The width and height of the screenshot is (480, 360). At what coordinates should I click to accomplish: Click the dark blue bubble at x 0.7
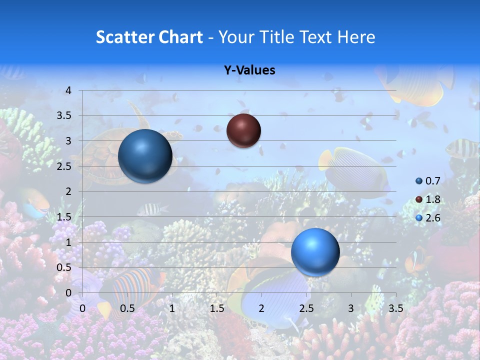click(x=145, y=155)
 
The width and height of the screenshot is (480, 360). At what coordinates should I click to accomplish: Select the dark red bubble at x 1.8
click(x=243, y=130)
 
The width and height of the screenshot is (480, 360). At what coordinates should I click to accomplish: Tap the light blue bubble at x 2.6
click(x=315, y=251)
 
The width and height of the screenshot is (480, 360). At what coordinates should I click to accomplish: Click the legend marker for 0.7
click(x=419, y=181)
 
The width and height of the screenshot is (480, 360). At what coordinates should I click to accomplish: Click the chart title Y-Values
click(x=249, y=70)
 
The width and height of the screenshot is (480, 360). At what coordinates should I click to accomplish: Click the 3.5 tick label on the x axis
click(x=395, y=308)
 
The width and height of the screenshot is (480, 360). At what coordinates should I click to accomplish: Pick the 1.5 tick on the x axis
click(x=216, y=308)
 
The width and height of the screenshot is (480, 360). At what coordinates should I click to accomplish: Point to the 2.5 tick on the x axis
click(x=306, y=308)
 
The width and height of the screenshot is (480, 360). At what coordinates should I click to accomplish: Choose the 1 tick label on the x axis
click(x=172, y=308)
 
